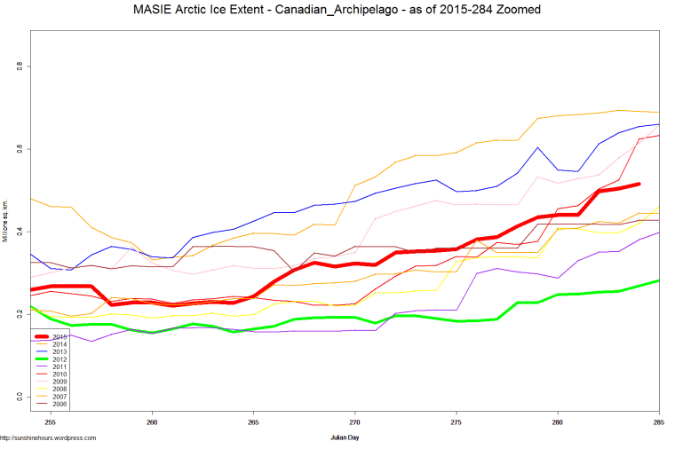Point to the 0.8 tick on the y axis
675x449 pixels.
tap(19, 67)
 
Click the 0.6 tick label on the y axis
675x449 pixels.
tap(19, 149)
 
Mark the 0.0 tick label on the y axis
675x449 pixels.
tap(19, 396)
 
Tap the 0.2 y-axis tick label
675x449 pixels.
tap(19, 313)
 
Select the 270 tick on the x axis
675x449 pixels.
tap(354, 413)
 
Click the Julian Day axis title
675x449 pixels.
tap(353, 437)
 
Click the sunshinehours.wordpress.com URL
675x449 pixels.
tap(48, 438)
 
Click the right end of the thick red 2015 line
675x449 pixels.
tap(639, 185)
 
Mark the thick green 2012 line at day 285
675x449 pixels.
tap(658, 280)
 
